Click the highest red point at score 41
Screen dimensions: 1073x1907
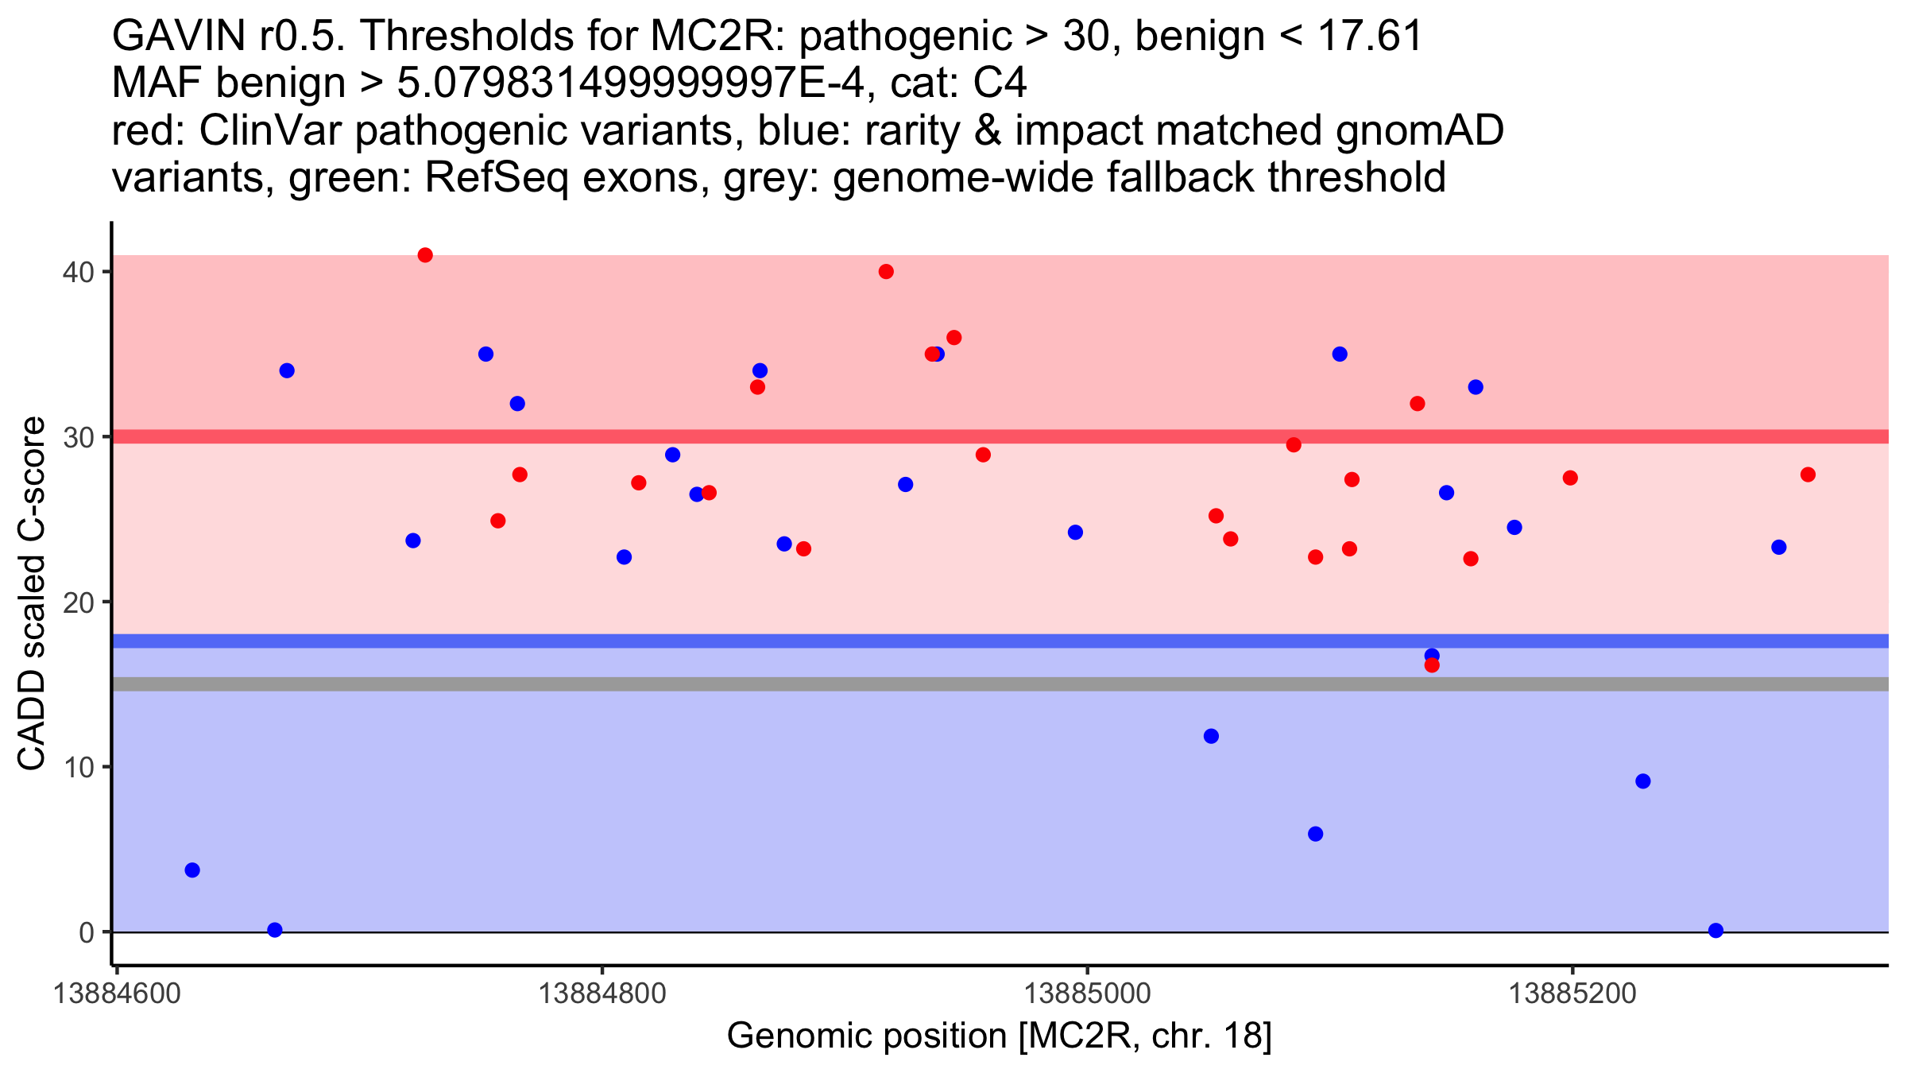click(x=425, y=255)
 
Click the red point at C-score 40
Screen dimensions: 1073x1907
click(x=886, y=272)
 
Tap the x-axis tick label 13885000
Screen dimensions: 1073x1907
click(x=1087, y=994)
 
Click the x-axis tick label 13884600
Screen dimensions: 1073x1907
click(x=117, y=994)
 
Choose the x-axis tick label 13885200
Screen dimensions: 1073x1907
click(x=1572, y=994)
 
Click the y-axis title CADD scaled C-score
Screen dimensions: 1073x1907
click(x=32, y=594)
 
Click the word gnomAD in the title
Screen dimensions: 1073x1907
click(x=1419, y=130)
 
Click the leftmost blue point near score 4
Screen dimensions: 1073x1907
click(x=192, y=870)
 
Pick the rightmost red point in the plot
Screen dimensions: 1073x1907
click(x=1808, y=475)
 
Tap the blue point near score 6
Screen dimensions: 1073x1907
click(x=1315, y=834)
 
